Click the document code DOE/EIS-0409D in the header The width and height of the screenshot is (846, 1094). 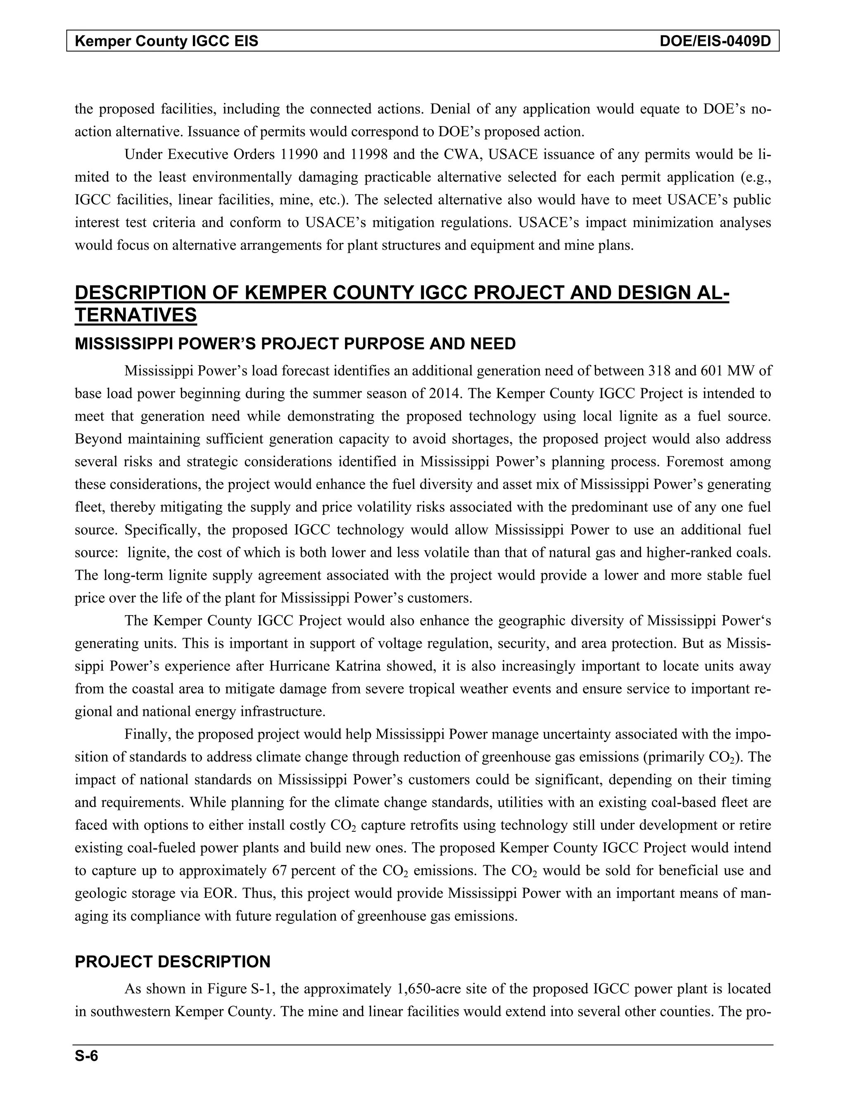715,41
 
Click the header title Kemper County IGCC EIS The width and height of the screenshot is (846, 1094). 166,41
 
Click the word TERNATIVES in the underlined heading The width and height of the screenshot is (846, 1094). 135,315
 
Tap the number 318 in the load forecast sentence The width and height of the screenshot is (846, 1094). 661,371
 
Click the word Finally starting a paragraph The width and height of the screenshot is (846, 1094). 148,734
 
